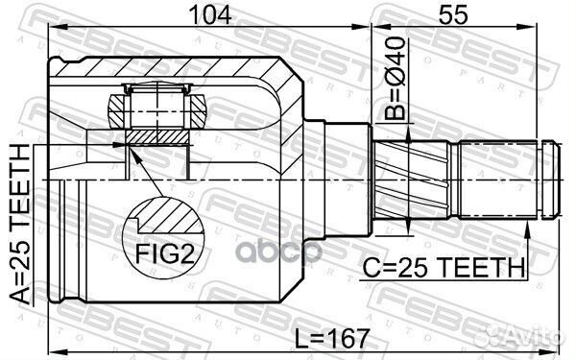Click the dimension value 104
click(209, 15)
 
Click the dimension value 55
click(454, 15)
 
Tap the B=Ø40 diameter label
click(396, 79)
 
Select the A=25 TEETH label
click(19, 224)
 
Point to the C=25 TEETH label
click(444, 268)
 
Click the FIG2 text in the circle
click(164, 254)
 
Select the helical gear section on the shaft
click(412, 180)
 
